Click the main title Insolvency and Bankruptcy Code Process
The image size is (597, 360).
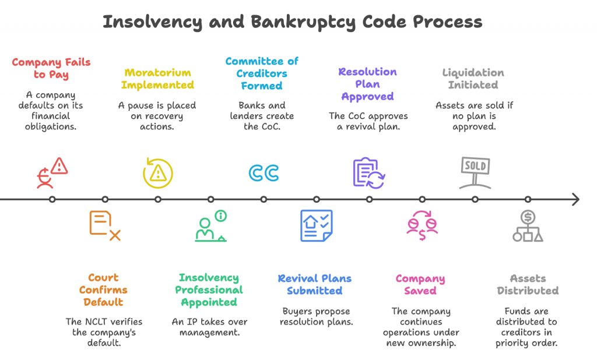(292, 22)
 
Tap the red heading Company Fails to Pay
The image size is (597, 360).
(51, 68)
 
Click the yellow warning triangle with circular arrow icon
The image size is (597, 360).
(157, 172)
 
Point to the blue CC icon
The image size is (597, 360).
(264, 173)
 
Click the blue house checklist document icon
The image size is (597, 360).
(316, 225)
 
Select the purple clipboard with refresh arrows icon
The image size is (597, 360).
(369, 172)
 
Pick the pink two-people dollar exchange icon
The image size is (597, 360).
(422, 225)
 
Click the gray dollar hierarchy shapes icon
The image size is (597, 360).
(528, 226)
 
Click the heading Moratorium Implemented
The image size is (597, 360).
(157, 79)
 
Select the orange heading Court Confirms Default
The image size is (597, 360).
(103, 290)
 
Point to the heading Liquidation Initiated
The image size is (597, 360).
(473, 79)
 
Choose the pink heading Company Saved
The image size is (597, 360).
(420, 284)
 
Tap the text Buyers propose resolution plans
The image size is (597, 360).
(315, 316)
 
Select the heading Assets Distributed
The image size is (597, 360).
(527, 284)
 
